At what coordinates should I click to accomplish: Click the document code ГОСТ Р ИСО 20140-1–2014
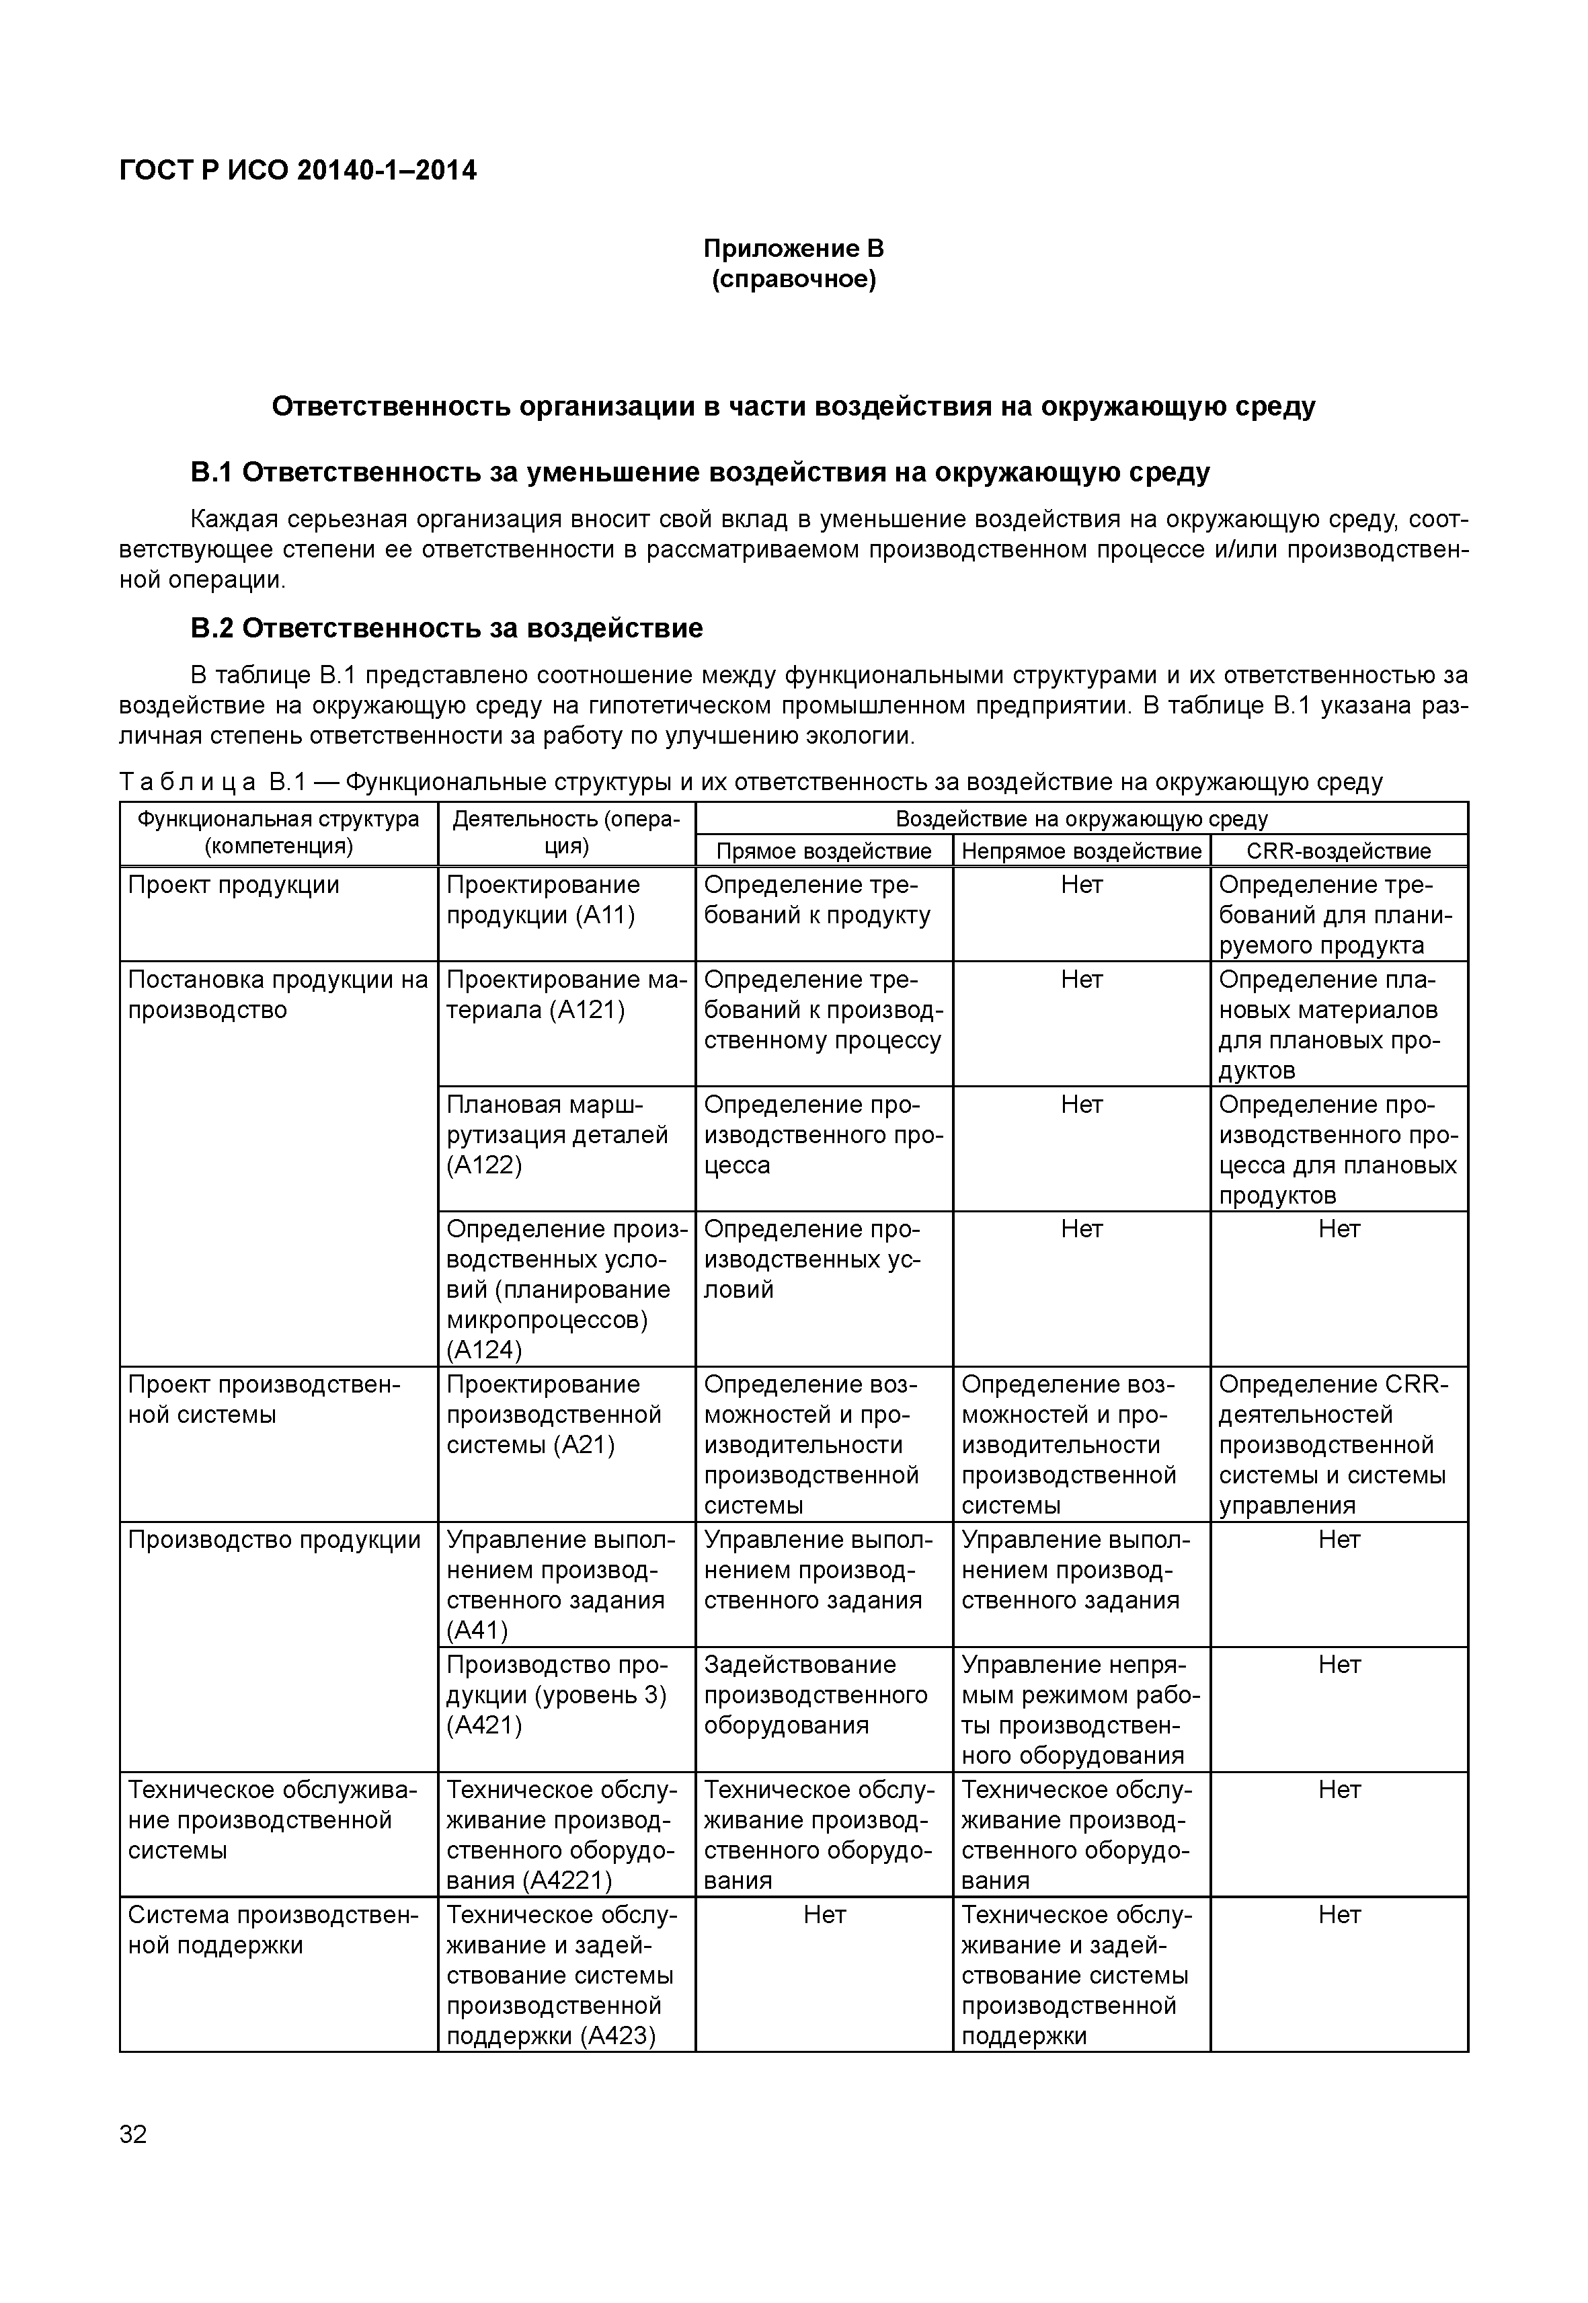pos(298,171)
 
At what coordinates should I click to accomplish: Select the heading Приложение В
pos(793,248)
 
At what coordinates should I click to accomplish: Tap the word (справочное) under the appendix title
pos(793,280)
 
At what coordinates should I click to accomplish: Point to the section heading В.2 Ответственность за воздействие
pos(446,628)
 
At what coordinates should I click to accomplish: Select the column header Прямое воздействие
pos(823,851)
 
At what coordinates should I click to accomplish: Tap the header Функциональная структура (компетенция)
pos(278,833)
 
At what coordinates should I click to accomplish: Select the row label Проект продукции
pos(234,885)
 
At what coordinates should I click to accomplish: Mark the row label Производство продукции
pos(274,1540)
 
